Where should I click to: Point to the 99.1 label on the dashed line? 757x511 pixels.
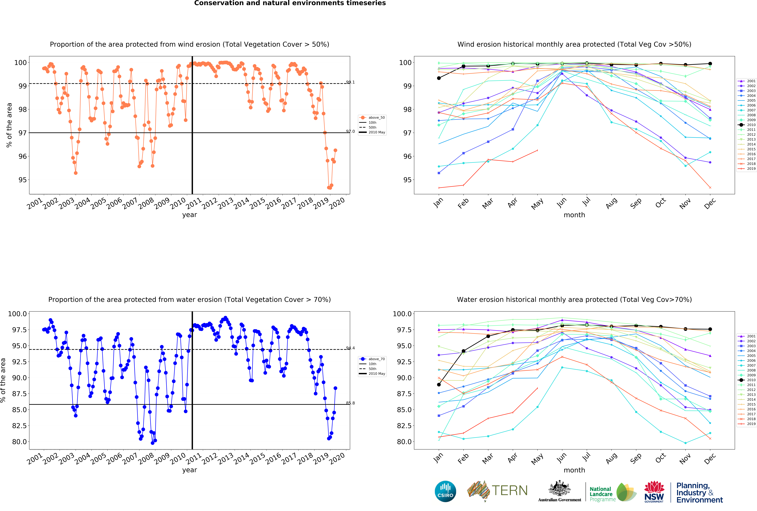click(351, 82)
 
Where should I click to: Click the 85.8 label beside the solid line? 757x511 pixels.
click(351, 403)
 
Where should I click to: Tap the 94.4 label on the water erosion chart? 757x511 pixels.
click(351, 348)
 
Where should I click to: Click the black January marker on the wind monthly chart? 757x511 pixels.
click(439, 78)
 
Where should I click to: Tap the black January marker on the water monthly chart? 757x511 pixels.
click(439, 385)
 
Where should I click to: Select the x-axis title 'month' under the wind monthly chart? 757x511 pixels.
click(574, 215)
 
